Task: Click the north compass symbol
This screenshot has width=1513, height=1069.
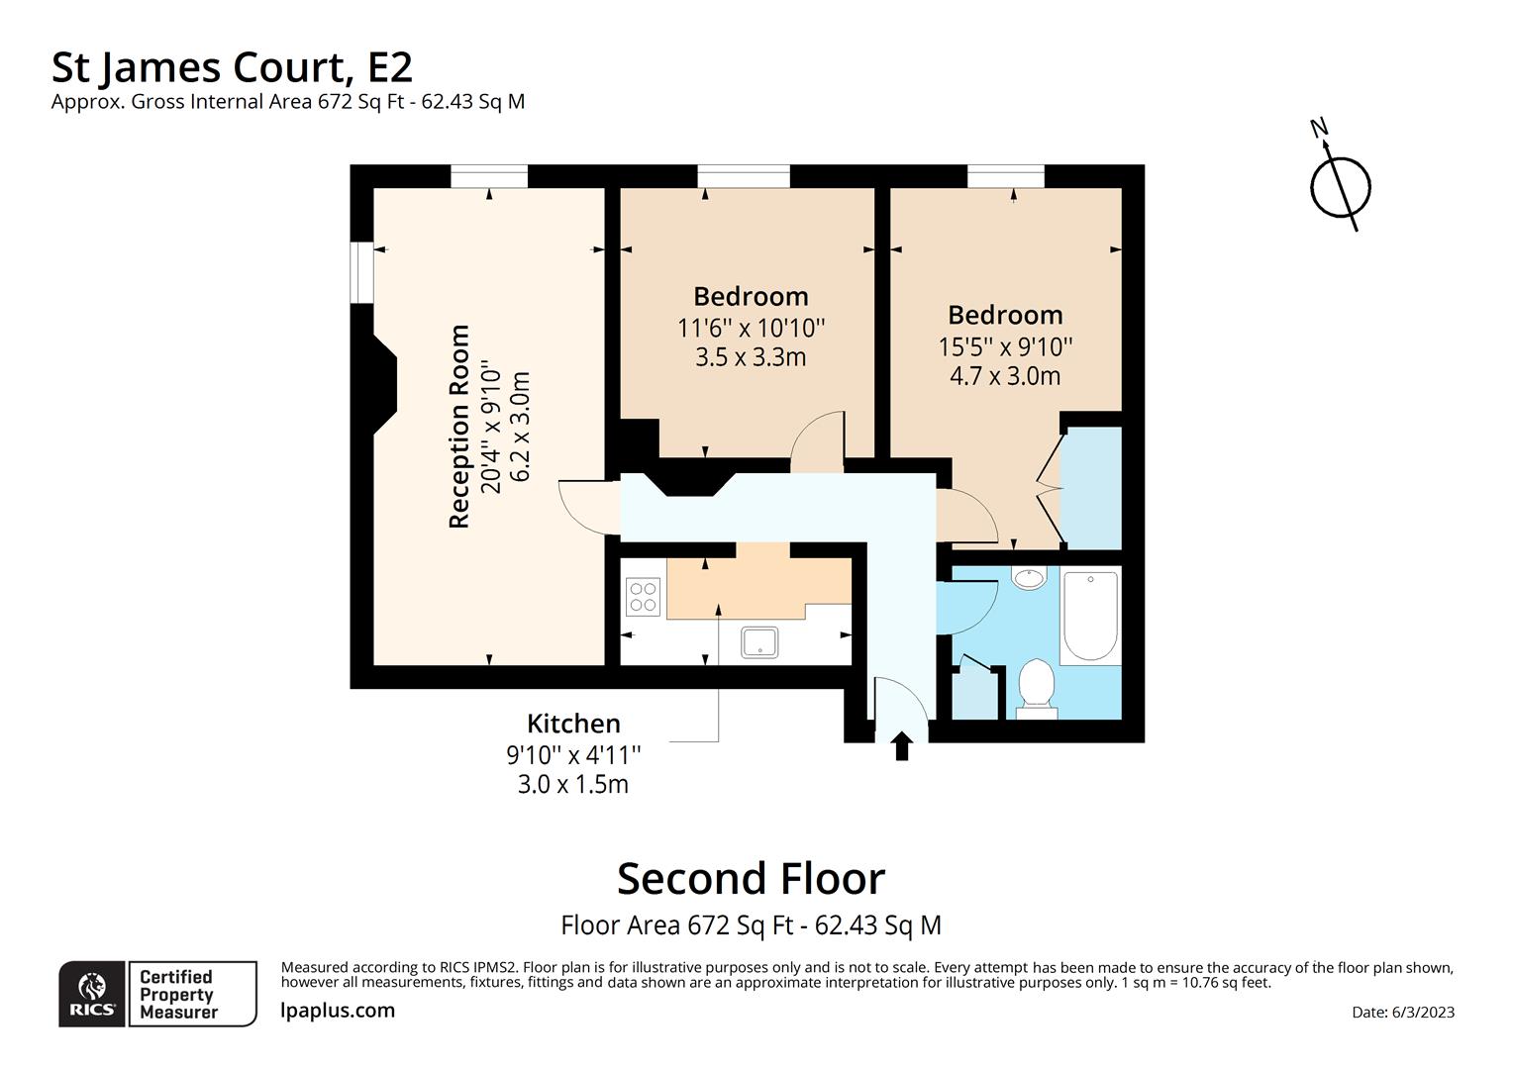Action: click(1340, 184)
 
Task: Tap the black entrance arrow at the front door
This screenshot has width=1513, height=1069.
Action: click(901, 746)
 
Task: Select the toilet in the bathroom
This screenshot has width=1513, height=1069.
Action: click(1037, 686)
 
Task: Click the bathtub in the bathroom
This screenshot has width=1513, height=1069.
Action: click(1090, 616)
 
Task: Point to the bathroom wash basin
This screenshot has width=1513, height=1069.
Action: click(1030, 577)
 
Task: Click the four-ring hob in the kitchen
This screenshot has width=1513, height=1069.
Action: click(643, 596)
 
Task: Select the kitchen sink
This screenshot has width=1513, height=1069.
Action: click(759, 642)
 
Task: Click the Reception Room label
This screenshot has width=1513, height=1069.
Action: click(459, 427)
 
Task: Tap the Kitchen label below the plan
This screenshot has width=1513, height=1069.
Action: click(573, 724)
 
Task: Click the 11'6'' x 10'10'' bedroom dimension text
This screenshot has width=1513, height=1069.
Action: click(751, 328)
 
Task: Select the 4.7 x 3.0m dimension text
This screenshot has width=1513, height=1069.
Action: click(1005, 376)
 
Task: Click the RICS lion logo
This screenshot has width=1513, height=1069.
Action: click(92, 993)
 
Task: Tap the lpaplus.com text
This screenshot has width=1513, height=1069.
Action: click(338, 1011)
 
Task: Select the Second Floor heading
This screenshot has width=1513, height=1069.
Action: click(751, 879)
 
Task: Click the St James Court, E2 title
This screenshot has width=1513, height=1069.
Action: click(232, 67)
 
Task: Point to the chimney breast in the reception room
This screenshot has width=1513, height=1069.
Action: click(382, 383)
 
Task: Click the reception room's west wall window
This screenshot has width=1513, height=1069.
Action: click(363, 271)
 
